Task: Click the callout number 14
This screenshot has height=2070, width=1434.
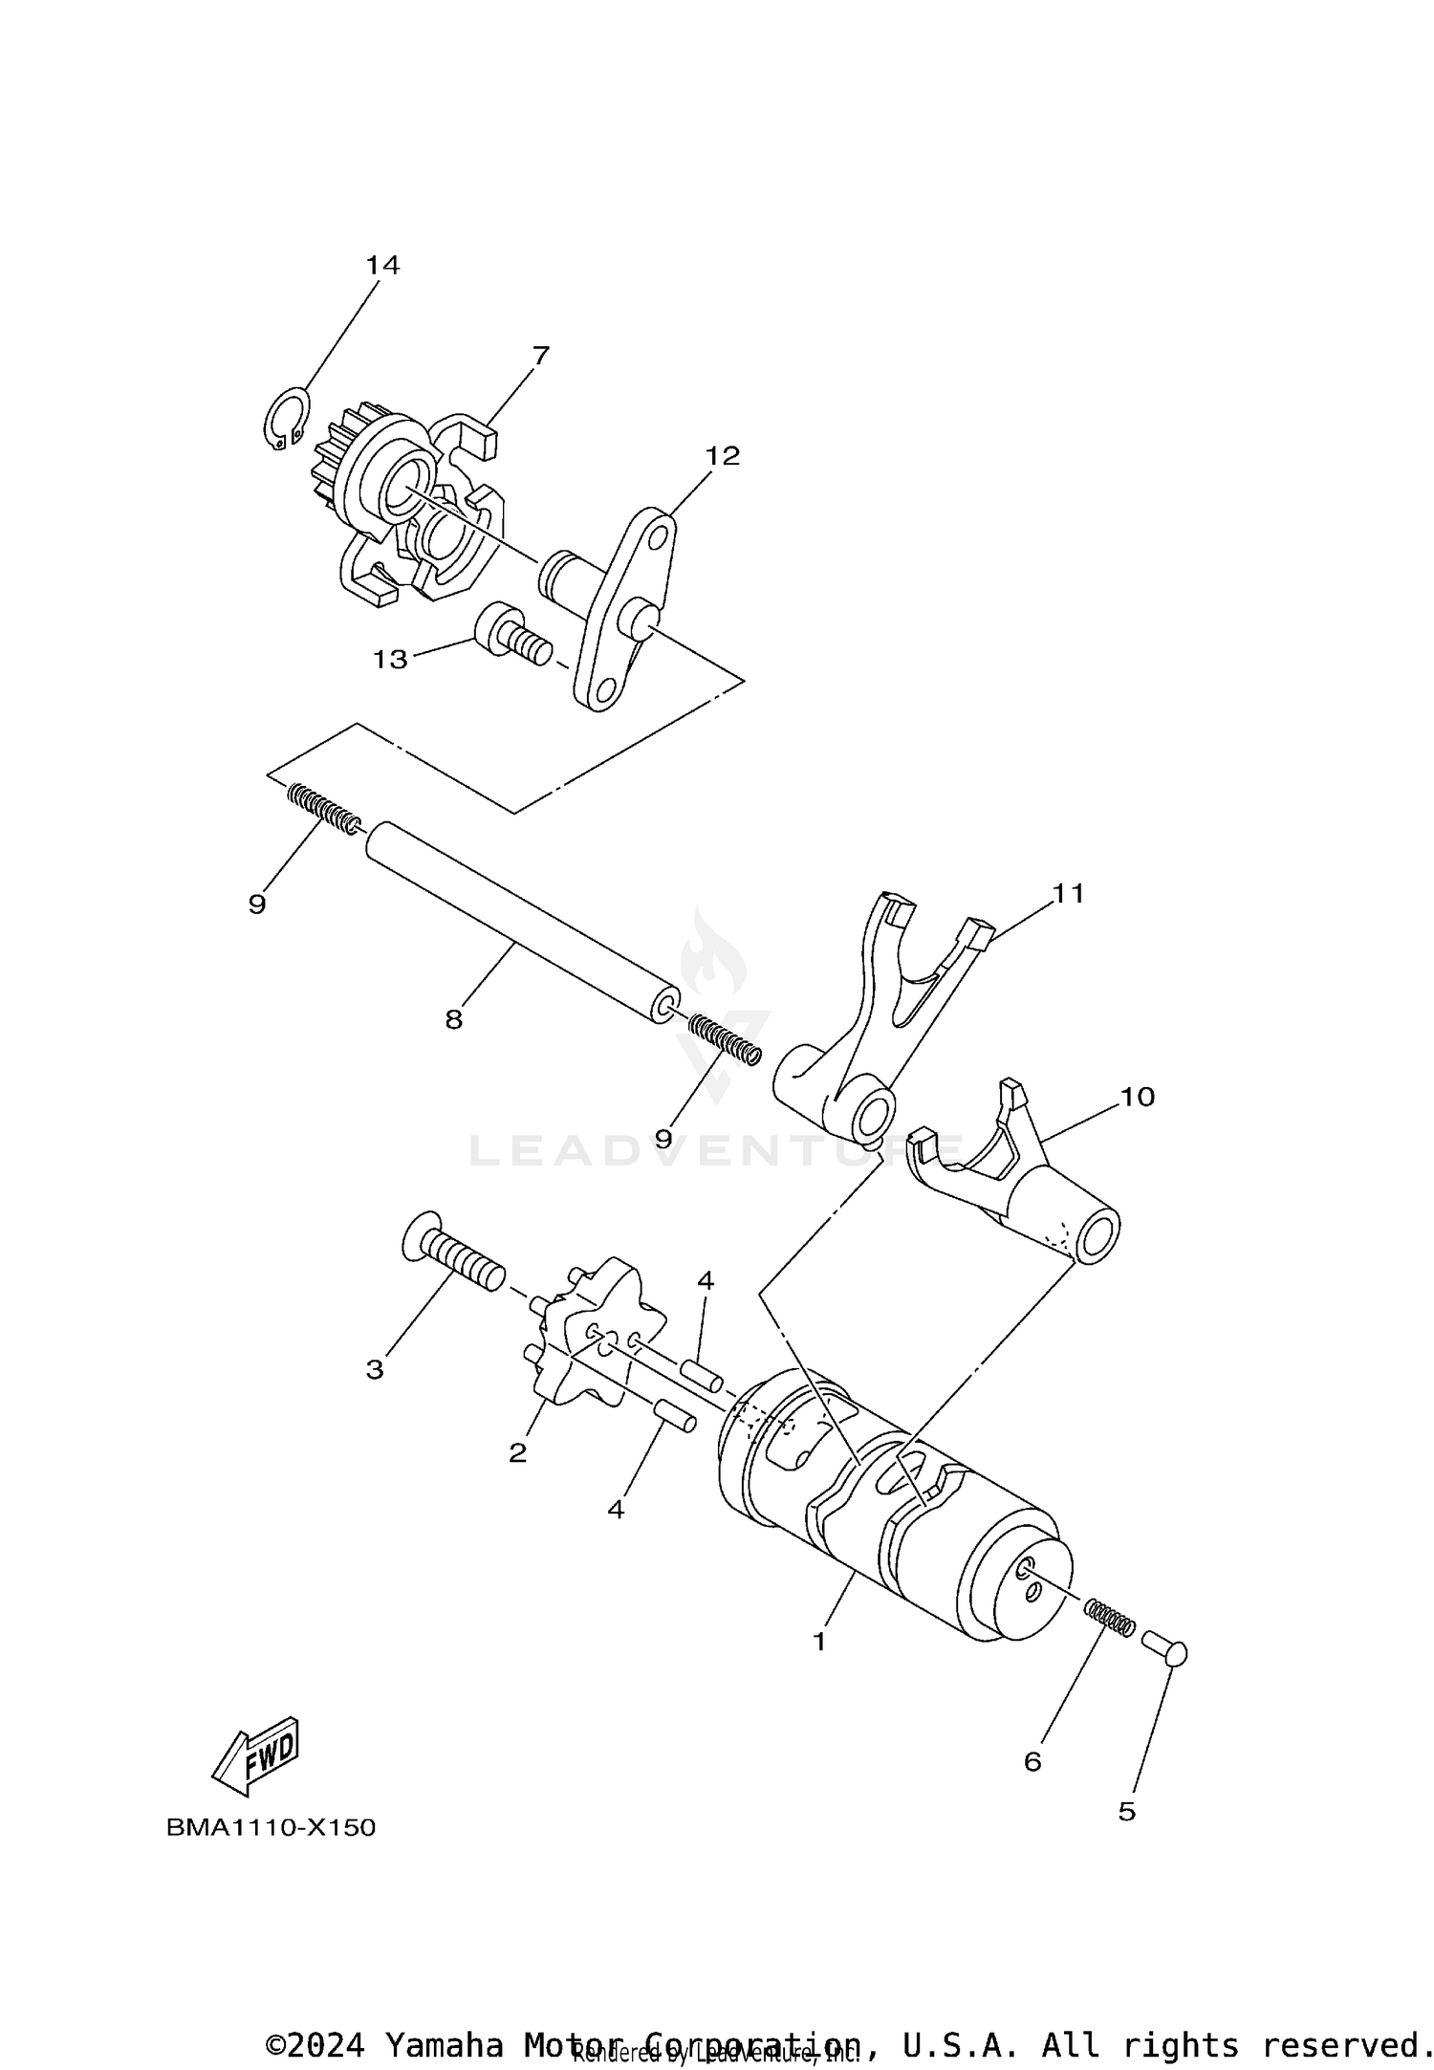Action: pyautogui.click(x=382, y=265)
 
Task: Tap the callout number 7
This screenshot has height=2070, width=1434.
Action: pyautogui.click(x=540, y=356)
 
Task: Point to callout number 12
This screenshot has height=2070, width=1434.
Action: pyautogui.click(x=723, y=456)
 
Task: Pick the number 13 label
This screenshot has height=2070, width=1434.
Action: pyautogui.click(x=390, y=659)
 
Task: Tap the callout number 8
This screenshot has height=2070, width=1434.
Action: pyautogui.click(x=453, y=1020)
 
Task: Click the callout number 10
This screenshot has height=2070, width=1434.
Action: pyautogui.click(x=1138, y=1097)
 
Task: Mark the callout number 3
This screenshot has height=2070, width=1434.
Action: pyautogui.click(x=375, y=1370)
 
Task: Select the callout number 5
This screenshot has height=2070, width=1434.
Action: pyautogui.click(x=1127, y=1812)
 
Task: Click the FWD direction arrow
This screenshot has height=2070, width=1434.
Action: pyautogui.click(x=256, y=1757)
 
